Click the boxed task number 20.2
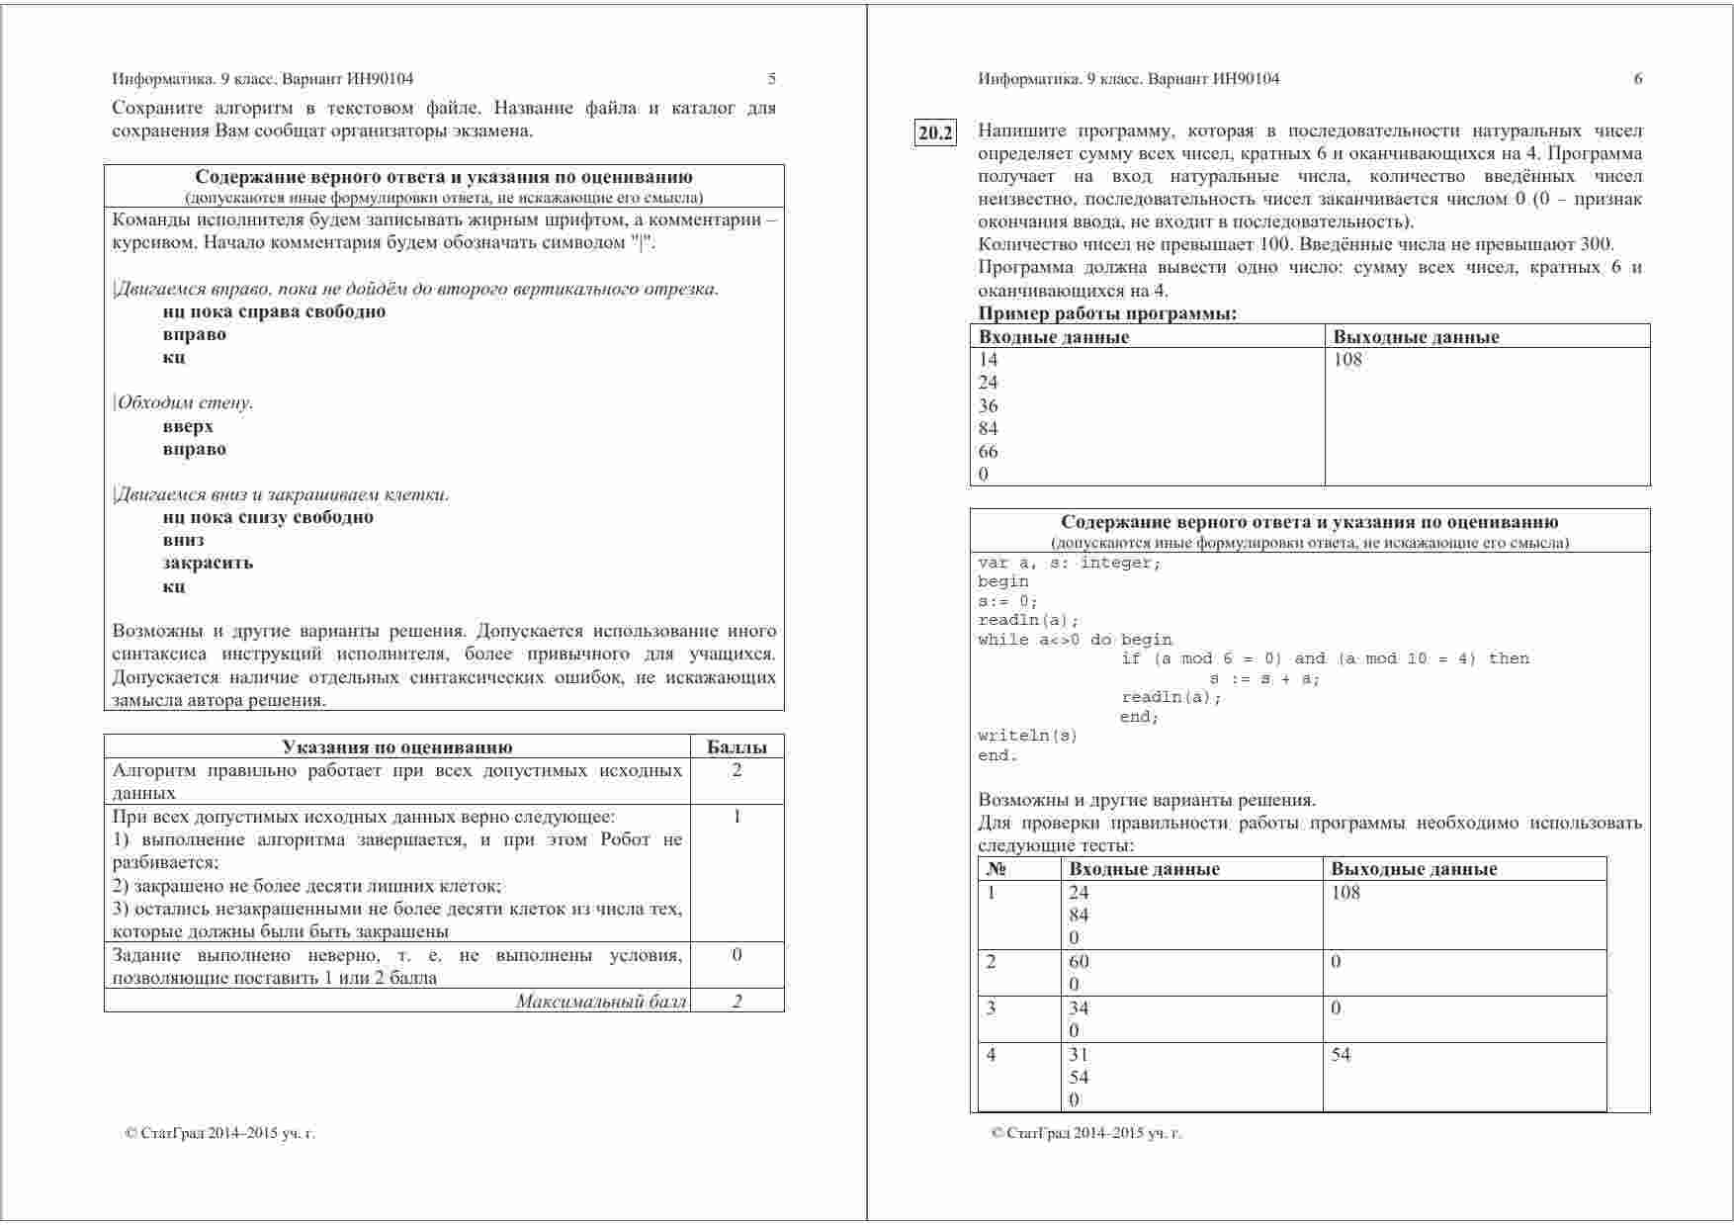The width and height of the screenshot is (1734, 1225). tap(935, 132)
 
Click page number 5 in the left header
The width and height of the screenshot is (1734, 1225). tap(772, 79)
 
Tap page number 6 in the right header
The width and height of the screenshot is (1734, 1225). tap(1638, 79)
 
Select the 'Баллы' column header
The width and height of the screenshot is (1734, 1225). tap(737, 747)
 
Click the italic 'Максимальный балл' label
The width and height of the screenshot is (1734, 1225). tap(601, 1002)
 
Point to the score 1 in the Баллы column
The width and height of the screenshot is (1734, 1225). tap(737, 817)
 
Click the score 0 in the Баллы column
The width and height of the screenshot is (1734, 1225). tap(737, 955)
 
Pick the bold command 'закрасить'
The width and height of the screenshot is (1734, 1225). tap(208, 564)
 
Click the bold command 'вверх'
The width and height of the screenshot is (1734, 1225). tap(188, 427)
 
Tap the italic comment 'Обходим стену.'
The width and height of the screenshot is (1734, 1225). tap(184, 403)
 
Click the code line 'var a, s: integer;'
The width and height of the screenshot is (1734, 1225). tap(1070, 563)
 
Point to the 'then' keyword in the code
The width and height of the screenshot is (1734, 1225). tap(1509, 658)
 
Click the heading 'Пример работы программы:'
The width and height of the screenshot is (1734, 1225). tap(1107, 314)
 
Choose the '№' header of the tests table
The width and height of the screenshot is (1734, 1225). tap(997, 870)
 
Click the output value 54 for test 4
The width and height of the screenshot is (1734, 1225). tap(1341, 1055)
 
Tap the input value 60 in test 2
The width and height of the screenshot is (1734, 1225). tap(1079, 962)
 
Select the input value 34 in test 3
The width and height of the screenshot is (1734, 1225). tap(1079, 1008)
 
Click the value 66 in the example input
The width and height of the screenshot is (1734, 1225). tap(988, 452)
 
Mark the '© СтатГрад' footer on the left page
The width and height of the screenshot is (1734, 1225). tap(219, 1134)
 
